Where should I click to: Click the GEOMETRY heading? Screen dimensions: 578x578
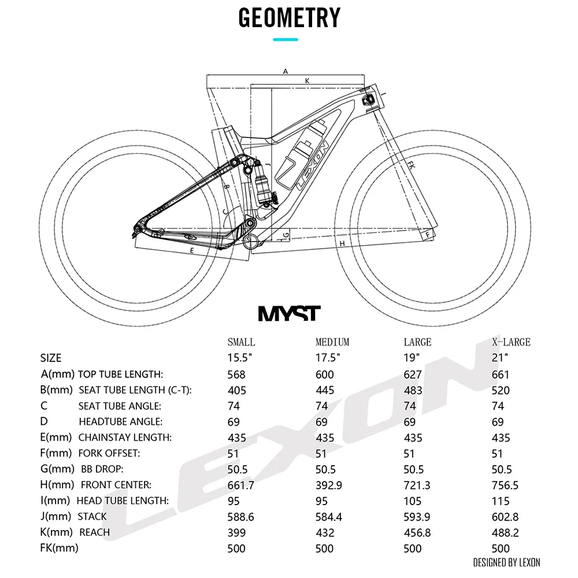pyautogui.click(x=289, y=18)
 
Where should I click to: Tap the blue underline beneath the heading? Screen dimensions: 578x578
pyautogui.click(x=285, y=39)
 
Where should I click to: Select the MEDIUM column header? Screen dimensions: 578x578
pyautogui.click(x=332, y=342)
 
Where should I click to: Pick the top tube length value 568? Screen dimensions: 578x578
pyautogui.click(x=236, y=375)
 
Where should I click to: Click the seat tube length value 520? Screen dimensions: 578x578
pyautogui.click(x=501, y=390)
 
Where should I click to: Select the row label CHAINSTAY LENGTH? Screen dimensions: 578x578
pyautogui.click(x=125, y=438)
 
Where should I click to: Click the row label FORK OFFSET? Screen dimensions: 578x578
pyautogui.click(x=109, y=454)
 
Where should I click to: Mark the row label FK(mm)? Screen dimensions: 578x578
pyautogui.click(x=59, y=548)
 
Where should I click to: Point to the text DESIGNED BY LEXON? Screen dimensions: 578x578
pyautogui.click(x=506, y=562)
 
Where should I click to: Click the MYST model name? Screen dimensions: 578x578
pyautogui.click(x=288, y=313)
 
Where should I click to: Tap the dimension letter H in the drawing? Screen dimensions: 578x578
pyautogui.click(x=342, y=243)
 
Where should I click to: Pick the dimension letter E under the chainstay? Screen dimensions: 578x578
pyautogui.click(x=191, y=251)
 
